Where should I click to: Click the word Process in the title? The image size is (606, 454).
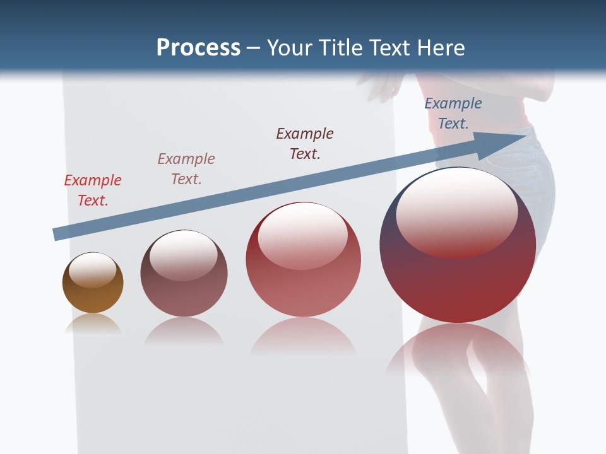point(198,48)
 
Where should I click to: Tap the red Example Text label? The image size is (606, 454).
point(93,190)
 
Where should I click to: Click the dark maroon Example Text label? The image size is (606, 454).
point(305,143)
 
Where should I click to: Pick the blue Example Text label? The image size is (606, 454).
point(453,113)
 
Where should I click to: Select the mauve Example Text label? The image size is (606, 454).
point(186,168)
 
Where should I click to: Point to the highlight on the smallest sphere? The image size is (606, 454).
point(92,270)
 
